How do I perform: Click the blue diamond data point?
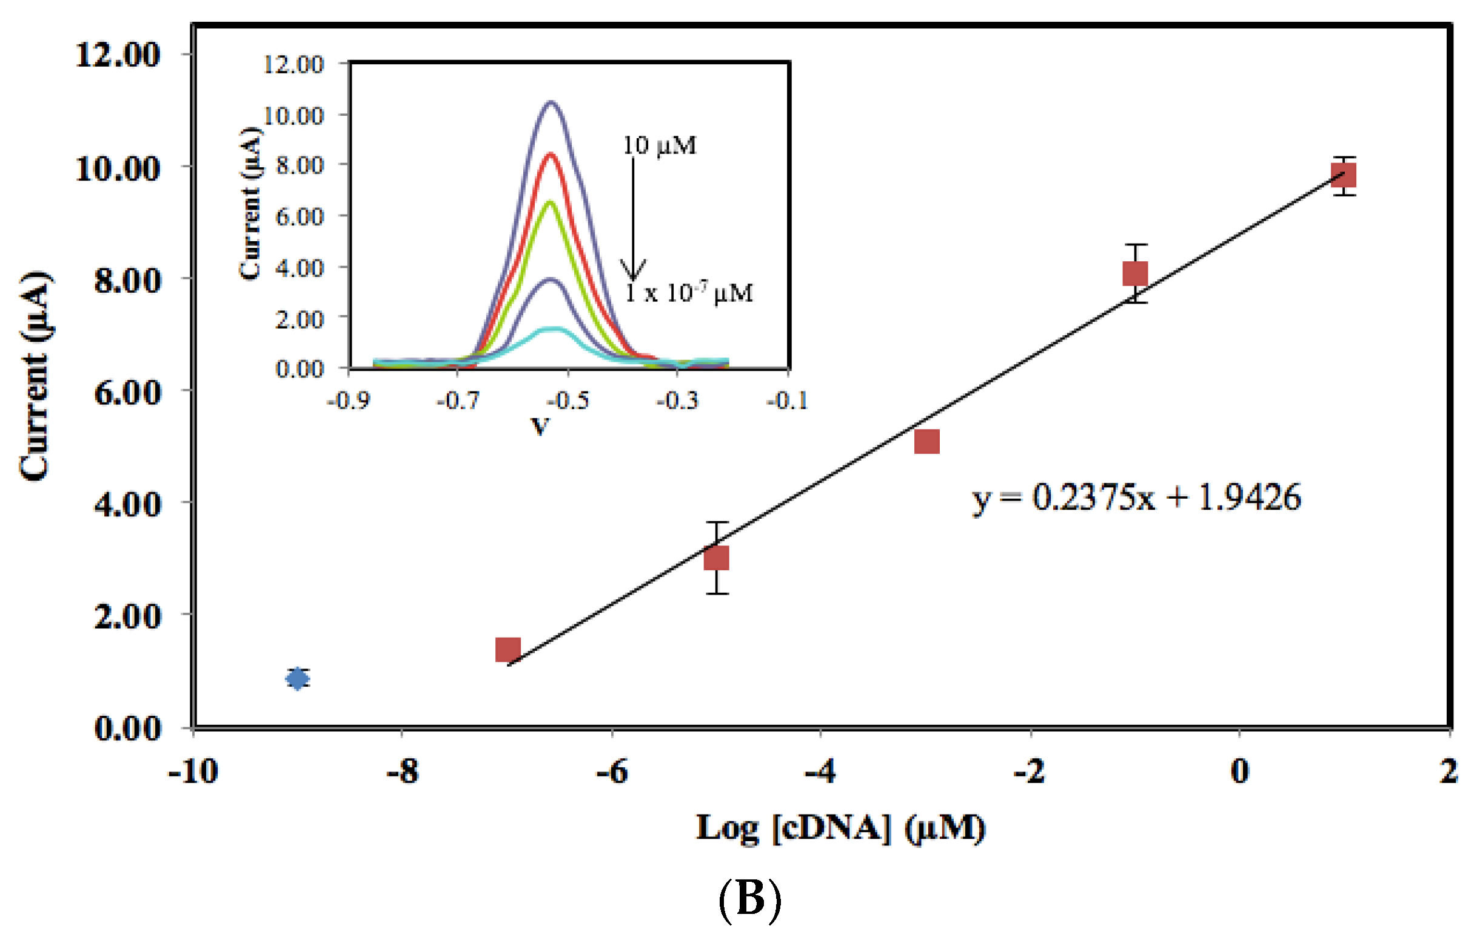pos(298,679)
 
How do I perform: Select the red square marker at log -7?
pos(508,649)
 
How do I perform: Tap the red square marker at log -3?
pos(927,441)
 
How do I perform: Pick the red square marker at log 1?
pos(1343,176)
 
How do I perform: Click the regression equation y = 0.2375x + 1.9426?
pos(1136,498)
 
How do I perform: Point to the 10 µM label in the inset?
pos(660,146)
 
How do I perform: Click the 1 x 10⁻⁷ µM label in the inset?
pos(689,293)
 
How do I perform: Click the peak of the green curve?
pos(550,202)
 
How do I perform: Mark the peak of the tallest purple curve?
pos(551,102)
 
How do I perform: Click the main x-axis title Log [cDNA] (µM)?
pos(840,828)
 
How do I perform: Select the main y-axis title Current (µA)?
pos(36,375)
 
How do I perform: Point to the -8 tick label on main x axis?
pos(403,771)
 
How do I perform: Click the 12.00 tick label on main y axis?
pos(118,55)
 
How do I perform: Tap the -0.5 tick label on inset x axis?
pos(568,401)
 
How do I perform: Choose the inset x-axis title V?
pos(540,426)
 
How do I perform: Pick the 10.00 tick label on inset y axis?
pos(293,115)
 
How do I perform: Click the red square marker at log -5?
pos(717,559)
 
